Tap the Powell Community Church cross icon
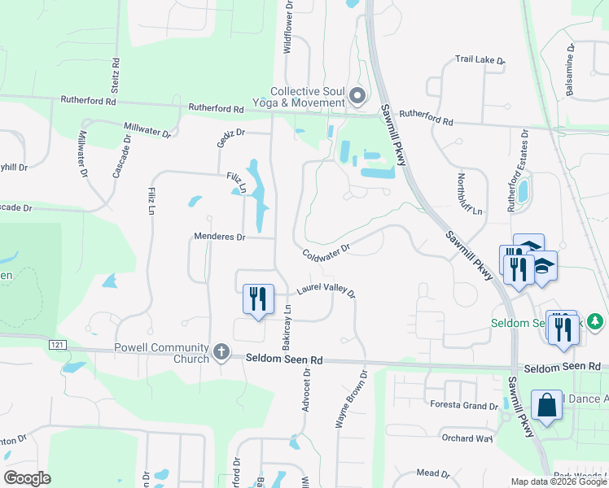[221, 352]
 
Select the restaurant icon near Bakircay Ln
[257, 298]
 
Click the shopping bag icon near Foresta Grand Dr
[545, 405]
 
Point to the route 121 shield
[55, 346]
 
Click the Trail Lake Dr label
[480, 60]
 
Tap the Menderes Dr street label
[219, 237]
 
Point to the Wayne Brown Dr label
[352, 399]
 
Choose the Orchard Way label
[467, 438]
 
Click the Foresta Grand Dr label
[460, 406]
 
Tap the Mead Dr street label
[433, 473]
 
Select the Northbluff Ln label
[470, 194]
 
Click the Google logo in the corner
[28, 478]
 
